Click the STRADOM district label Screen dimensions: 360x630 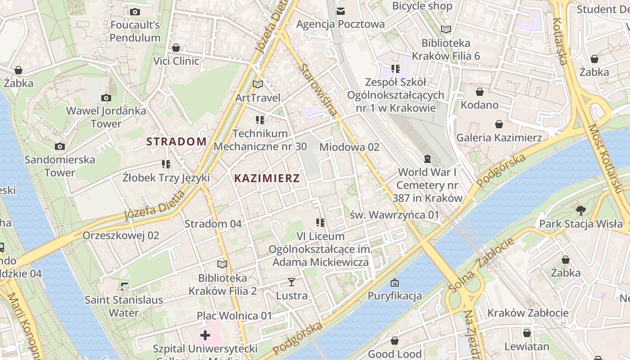click(176, 142)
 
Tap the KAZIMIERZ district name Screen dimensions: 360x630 click(267, 178)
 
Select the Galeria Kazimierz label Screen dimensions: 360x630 click(499, 138)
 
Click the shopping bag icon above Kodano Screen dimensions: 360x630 click(480, 92)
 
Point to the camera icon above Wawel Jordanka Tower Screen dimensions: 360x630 click(106, 98)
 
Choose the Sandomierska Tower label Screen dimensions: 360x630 click(60, 166)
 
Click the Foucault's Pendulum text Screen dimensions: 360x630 click(135, 31)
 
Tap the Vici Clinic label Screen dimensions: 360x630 click(176, 61)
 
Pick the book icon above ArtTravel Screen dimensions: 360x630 click(258, 84)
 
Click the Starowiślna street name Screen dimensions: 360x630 click(318, 90)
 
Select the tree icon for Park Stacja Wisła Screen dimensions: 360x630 click(581, 210)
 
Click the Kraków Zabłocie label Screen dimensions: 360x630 click(528, 313)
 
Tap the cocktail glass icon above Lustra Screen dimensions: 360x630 click(292, 282)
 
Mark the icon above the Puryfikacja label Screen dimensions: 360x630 click(395, 283)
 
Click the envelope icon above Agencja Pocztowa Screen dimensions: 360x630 click(341, 11)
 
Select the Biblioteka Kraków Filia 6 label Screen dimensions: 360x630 click(446, 49)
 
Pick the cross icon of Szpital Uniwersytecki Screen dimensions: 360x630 click(205, 335)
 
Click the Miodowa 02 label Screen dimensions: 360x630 click(349, 147)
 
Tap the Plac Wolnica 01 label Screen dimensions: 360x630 click(234, 316)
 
